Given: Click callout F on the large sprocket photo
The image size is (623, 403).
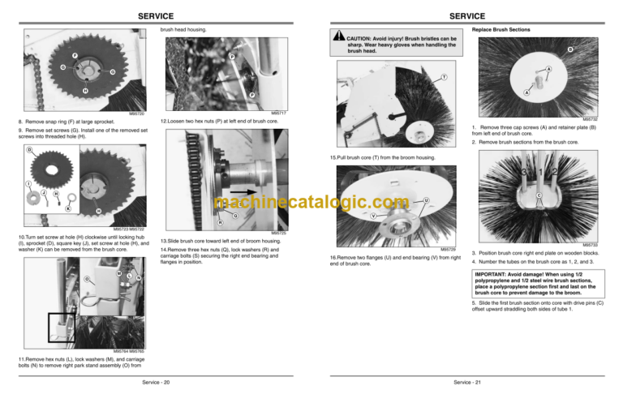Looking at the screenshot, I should point(75,54).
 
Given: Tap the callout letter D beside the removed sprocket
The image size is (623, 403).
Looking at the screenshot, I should point(29,150).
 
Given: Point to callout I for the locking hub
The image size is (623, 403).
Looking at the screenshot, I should point(28,184).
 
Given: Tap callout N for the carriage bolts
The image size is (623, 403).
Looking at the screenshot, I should point(140,278).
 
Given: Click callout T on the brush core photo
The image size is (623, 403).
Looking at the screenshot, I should point(444,77).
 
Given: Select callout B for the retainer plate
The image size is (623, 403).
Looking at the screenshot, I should point(570,49).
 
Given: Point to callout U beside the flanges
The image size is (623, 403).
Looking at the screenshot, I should point(427,199).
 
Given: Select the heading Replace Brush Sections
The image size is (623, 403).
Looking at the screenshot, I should point(501,30).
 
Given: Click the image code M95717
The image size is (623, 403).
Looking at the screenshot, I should point(277,113).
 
